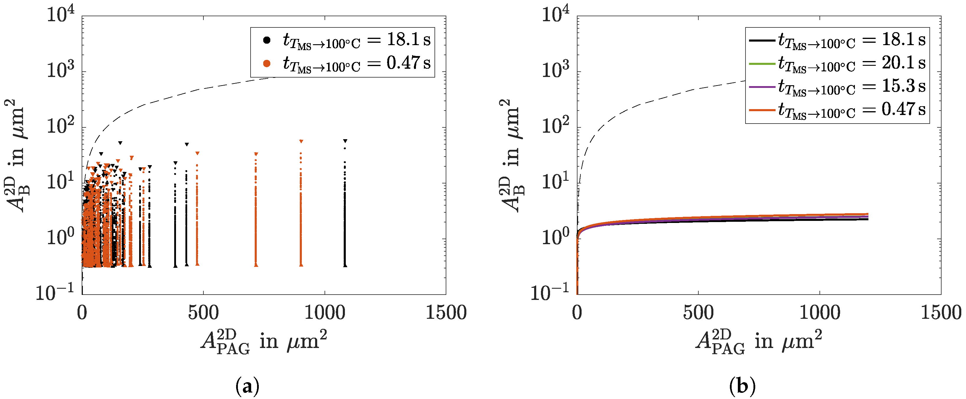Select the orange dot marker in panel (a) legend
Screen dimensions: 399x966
(266, 63)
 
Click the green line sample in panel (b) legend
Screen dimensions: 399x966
(762, 63)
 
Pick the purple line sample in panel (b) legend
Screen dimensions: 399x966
(762, 87)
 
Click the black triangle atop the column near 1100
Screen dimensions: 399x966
(345, 141)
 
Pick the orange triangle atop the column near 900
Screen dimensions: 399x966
(301, 141)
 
